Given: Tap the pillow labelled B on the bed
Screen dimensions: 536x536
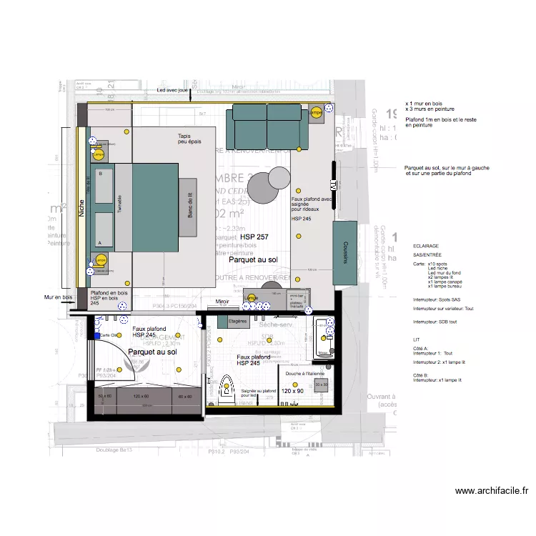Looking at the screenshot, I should (x=104, y=187).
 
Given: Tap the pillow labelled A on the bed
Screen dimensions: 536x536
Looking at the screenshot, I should (x=104, y=231).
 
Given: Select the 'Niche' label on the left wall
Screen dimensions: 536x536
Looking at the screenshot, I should (x=82, y=207).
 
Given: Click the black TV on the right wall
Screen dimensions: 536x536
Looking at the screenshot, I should (x=334, y=176).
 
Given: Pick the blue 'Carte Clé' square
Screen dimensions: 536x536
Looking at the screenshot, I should (x=97, y=335).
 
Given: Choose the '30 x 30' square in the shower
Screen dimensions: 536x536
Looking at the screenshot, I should (x=322, y=384).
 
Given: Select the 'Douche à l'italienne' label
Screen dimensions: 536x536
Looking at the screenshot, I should (x=305, y=374).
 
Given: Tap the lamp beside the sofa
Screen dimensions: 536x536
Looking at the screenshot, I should (x=316, y=113).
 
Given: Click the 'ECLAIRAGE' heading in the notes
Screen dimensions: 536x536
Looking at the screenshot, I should (x=427, y=244).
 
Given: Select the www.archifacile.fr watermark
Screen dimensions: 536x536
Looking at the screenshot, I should (x=491, y=491).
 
